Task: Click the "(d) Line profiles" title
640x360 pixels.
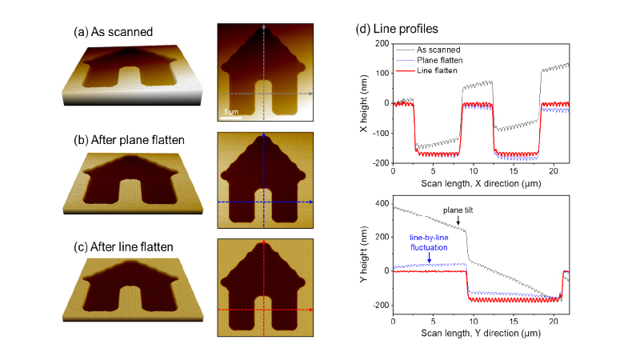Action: coord(398,30)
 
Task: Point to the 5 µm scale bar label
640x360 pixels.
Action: coord(230,110)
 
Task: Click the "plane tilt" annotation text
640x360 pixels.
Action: coord(458,210)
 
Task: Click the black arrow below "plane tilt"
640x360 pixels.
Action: coord(458,219)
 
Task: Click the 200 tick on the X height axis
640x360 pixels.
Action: coord(382,43)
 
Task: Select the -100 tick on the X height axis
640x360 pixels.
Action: coord(379,132)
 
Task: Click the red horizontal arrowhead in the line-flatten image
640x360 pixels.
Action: coord(310,310)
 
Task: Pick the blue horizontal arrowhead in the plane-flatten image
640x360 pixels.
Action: coord(310,203)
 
